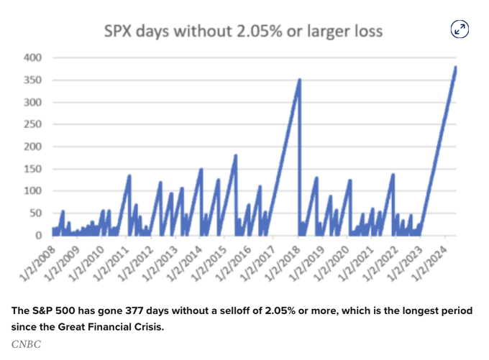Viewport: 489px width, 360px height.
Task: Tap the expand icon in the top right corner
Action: [x=460, y=29]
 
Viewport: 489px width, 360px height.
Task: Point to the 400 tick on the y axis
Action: [x=32, y=57]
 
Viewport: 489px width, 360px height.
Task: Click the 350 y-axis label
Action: [x=32, y=80]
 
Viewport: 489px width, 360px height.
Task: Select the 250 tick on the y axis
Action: [x=32, y=124]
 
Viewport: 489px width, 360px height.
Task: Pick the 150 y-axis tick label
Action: [x=32, y=169]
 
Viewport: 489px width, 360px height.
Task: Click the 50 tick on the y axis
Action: [x=35, y=213]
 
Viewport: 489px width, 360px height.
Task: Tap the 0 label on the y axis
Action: [x=38, y=236]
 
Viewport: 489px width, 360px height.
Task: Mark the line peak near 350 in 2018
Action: [x=299, y=80]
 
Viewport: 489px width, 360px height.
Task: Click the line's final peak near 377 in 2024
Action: [x=455, y=68]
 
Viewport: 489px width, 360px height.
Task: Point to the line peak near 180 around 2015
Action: [x=235, y=155]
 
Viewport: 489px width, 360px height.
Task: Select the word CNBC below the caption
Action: [x=26, y=343]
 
